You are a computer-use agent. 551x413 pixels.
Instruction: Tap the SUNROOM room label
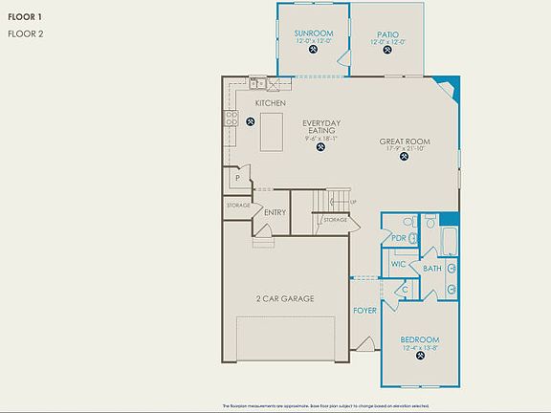pos(313,33)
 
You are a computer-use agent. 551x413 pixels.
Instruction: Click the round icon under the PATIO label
pos(388,53)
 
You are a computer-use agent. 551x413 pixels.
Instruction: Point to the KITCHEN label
pos(271,101)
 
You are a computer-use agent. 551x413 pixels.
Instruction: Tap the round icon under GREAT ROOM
pos(405,159)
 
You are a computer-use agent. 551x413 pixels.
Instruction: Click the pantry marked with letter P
pos(236,178)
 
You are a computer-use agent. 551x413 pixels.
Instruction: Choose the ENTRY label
pos(275,212)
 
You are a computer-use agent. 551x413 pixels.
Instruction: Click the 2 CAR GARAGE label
pos(285,298)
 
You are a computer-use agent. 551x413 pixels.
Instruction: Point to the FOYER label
pos(364,311)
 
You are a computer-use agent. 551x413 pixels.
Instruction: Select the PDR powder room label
pos(399,237)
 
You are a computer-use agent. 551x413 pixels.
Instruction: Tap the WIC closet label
pos(399,263)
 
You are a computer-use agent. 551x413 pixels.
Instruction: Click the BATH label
pos(432,269)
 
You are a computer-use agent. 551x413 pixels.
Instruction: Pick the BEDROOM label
pos(420,339)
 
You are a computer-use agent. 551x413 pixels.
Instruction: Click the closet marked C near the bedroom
pos(405,290)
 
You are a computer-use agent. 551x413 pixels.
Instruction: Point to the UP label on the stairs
pos(354,202)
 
